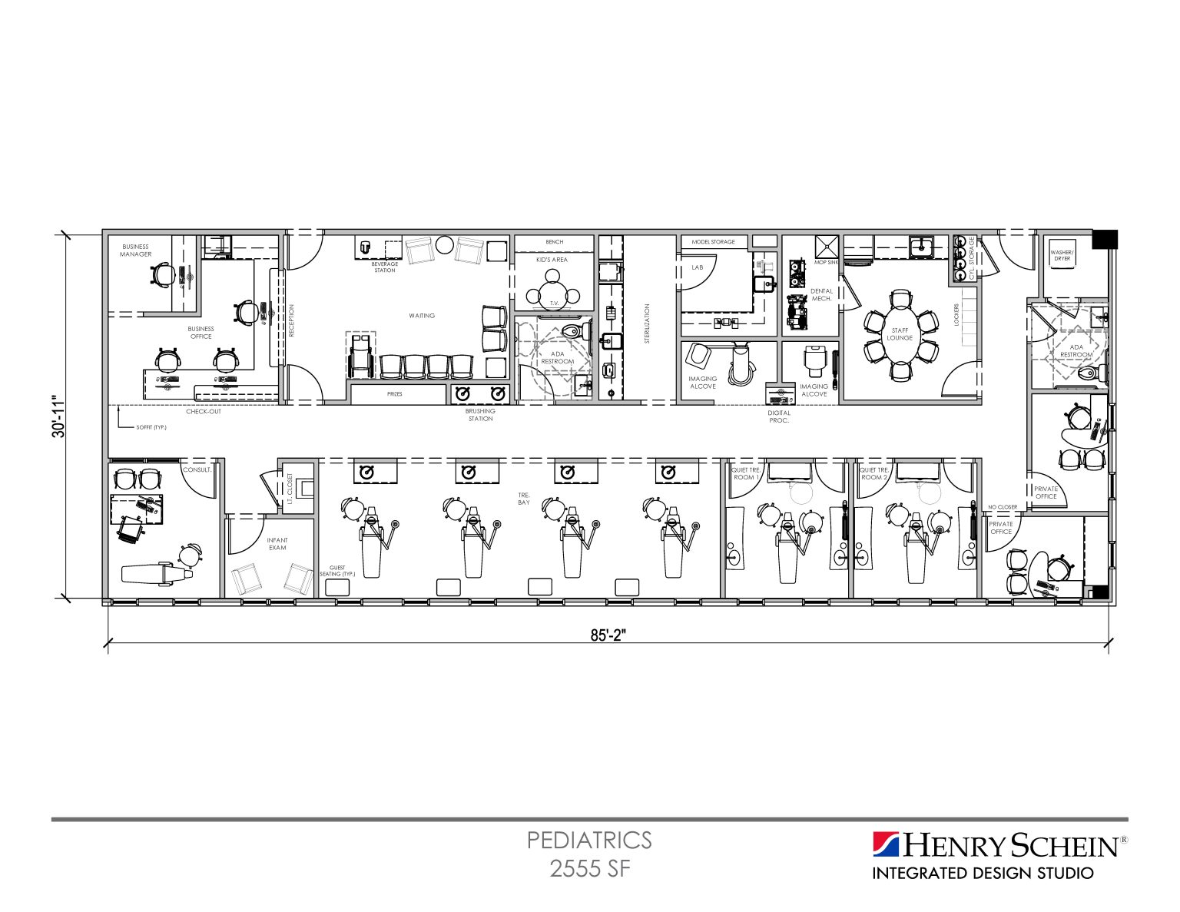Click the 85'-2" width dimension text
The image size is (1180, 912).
[608, 635]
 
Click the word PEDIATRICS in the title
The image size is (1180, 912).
[589, 840]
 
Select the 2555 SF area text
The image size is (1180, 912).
[589, 868]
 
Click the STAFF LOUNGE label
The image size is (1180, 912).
[900, 334]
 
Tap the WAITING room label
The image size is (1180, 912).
[422, 316]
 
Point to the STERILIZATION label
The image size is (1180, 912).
[647, 323]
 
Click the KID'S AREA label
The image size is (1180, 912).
[552, 260]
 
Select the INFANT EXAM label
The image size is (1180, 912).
[277, 544]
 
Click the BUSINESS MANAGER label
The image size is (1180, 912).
[135, 250]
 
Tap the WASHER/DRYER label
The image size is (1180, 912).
[1062, 255]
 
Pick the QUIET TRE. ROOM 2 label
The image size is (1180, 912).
[873, 473]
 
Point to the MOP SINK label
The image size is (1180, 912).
[827, 262]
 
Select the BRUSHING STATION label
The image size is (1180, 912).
[480, 415]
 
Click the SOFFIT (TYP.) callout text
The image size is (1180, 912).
[151, 427]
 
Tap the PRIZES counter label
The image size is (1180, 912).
[395, 394]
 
